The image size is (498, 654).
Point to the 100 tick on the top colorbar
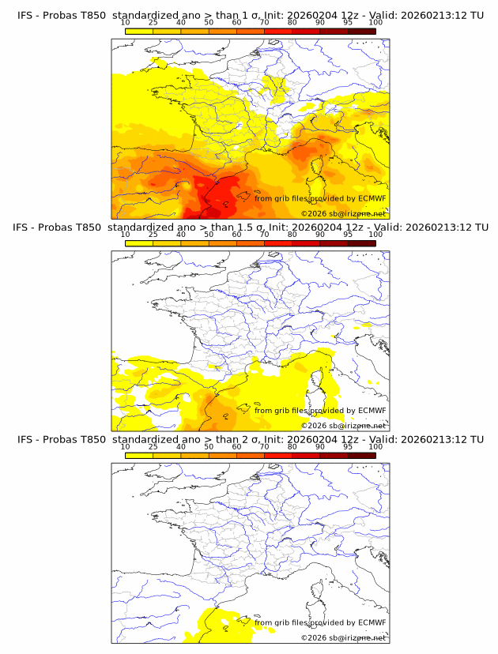pyautogui.click(x=375, y=22)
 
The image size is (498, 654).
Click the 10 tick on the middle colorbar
pyautogui.click(x=126, y=234)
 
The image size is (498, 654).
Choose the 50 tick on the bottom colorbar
pyautogui.click(x=209, y=445)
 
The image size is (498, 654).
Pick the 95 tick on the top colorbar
pyautogui.click(x=348, y=22)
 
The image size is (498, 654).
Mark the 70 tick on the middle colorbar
pyautogui.click(x=264, y=234)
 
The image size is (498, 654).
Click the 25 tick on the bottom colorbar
pyautogui.click(x=153, y=445)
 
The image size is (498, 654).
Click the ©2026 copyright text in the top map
pyautogui.click(x=343, y=214)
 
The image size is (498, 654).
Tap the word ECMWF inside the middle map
pyautogui.click(x=372, y=410)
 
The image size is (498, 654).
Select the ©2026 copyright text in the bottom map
pyautogui.click(x=343, y=637)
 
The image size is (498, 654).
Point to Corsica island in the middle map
pyautogui.click(x=321, y=381)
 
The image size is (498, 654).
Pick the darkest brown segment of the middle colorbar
pyautogui.click(x=362, y=242)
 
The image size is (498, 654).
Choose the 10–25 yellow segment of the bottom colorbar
pyautogui.click(x=139, y=454)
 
